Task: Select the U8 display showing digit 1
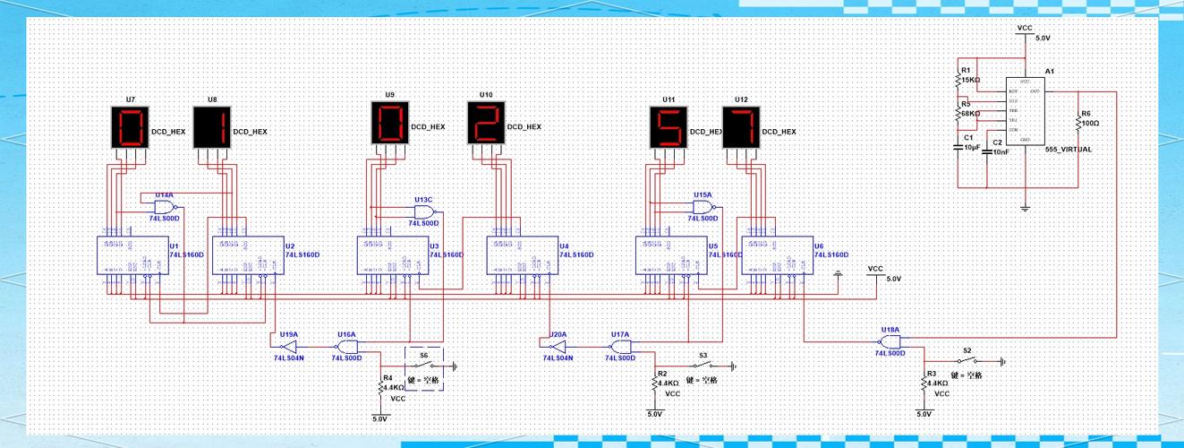[x=212, y=126]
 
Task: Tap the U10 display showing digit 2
[x=486, y=123]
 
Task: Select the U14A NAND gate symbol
[x=166, y=206]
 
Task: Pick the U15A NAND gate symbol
[x=703, y=206]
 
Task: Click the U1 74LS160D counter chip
[x=132, y=255]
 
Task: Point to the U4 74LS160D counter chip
[x=522, y=255]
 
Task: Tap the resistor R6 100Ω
[x=1078, y=122]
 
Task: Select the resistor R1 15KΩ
[x=958, y=80]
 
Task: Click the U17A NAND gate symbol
[x=620, y=345]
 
